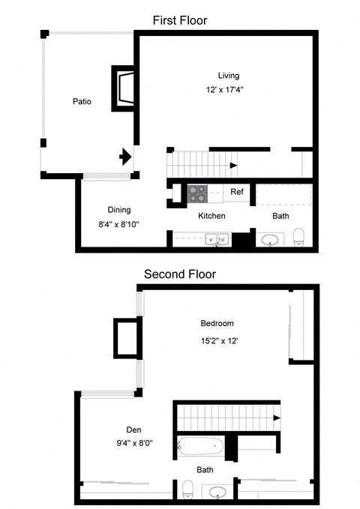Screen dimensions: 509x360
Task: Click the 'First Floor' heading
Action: coord(179,20)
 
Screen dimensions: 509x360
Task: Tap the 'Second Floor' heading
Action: coord(180,274)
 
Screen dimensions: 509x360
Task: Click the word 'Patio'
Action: coord(82,101)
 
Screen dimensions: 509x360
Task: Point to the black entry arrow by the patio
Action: coord(125,157)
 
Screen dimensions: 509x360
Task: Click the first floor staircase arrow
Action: coord(234,165)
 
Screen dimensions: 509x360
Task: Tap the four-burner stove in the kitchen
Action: coord(197,193)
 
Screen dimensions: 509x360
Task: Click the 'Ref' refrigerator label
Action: coord(237,192)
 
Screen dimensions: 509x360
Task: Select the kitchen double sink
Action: coord(217,241)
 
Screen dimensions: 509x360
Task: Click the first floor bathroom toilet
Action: coord(298,236)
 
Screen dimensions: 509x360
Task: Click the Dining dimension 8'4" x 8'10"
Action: coord(114,223)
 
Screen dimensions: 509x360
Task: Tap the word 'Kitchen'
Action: coord(211,216)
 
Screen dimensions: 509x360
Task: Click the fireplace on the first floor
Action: coord(124,88)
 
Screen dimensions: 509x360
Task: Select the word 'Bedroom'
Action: coord(217,324)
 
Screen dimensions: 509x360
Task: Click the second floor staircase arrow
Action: coord(277,418)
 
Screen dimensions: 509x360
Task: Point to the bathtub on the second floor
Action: coord(199,447)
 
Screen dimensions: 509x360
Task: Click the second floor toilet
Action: coord(187,491)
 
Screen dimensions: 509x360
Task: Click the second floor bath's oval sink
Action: coord(218,493)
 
